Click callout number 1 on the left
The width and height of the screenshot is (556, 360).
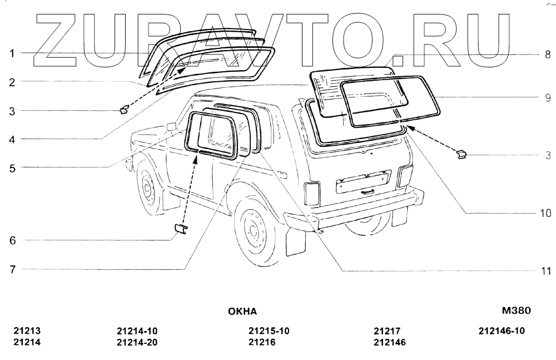point(11,53)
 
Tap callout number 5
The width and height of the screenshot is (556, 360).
point(11,167)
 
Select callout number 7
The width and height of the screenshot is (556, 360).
point(11,269)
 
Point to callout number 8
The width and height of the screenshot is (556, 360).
point(547,55)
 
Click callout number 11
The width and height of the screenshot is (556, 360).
point(546,272)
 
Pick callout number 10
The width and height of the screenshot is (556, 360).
point(545,213)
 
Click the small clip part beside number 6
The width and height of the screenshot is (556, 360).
point(180,228)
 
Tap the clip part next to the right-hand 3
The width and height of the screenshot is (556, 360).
point(461,154)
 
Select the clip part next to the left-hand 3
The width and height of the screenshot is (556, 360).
point(125,109)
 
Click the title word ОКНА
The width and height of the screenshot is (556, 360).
point(242,312)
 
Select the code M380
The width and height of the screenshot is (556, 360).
point(517,311)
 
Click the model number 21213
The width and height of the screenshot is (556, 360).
point(27,331)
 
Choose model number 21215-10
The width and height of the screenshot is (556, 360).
point(269,331)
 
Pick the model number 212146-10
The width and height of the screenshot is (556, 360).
point(502,331)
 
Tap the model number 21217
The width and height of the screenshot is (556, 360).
point(387,331)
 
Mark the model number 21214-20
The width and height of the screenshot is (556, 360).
point(137,343)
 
